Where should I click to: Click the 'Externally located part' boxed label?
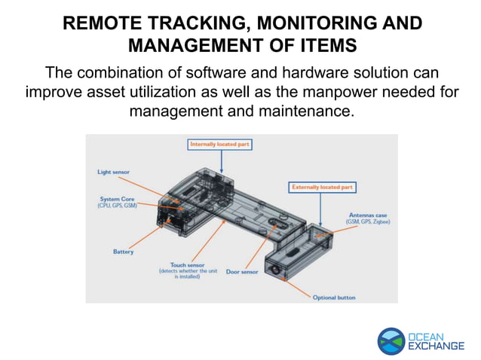(x=322, y=186)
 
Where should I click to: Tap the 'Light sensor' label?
(x=113, y=172)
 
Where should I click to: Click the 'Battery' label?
(x=123, y=252)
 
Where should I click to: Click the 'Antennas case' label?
(x=368, y=215)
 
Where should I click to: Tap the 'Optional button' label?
(x=333, y=297)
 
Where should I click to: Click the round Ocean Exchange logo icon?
(x=391, y=340)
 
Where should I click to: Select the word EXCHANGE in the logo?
(x=437, y=346)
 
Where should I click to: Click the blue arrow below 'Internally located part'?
(x=221, y=160)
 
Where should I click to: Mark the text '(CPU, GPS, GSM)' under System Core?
(x=117, y=206)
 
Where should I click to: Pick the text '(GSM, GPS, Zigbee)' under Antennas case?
(x=368, y=222)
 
